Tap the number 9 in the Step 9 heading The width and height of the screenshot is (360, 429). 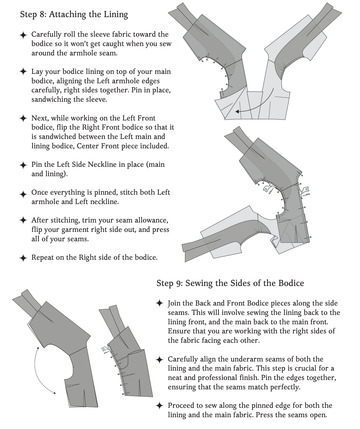179,283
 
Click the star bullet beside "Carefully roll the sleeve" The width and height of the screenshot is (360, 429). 23,35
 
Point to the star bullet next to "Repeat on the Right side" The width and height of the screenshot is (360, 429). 23,258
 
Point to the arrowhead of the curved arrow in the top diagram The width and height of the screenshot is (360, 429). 237,111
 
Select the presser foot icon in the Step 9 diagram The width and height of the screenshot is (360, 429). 105,350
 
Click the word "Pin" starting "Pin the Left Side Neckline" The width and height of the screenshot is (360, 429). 36,164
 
